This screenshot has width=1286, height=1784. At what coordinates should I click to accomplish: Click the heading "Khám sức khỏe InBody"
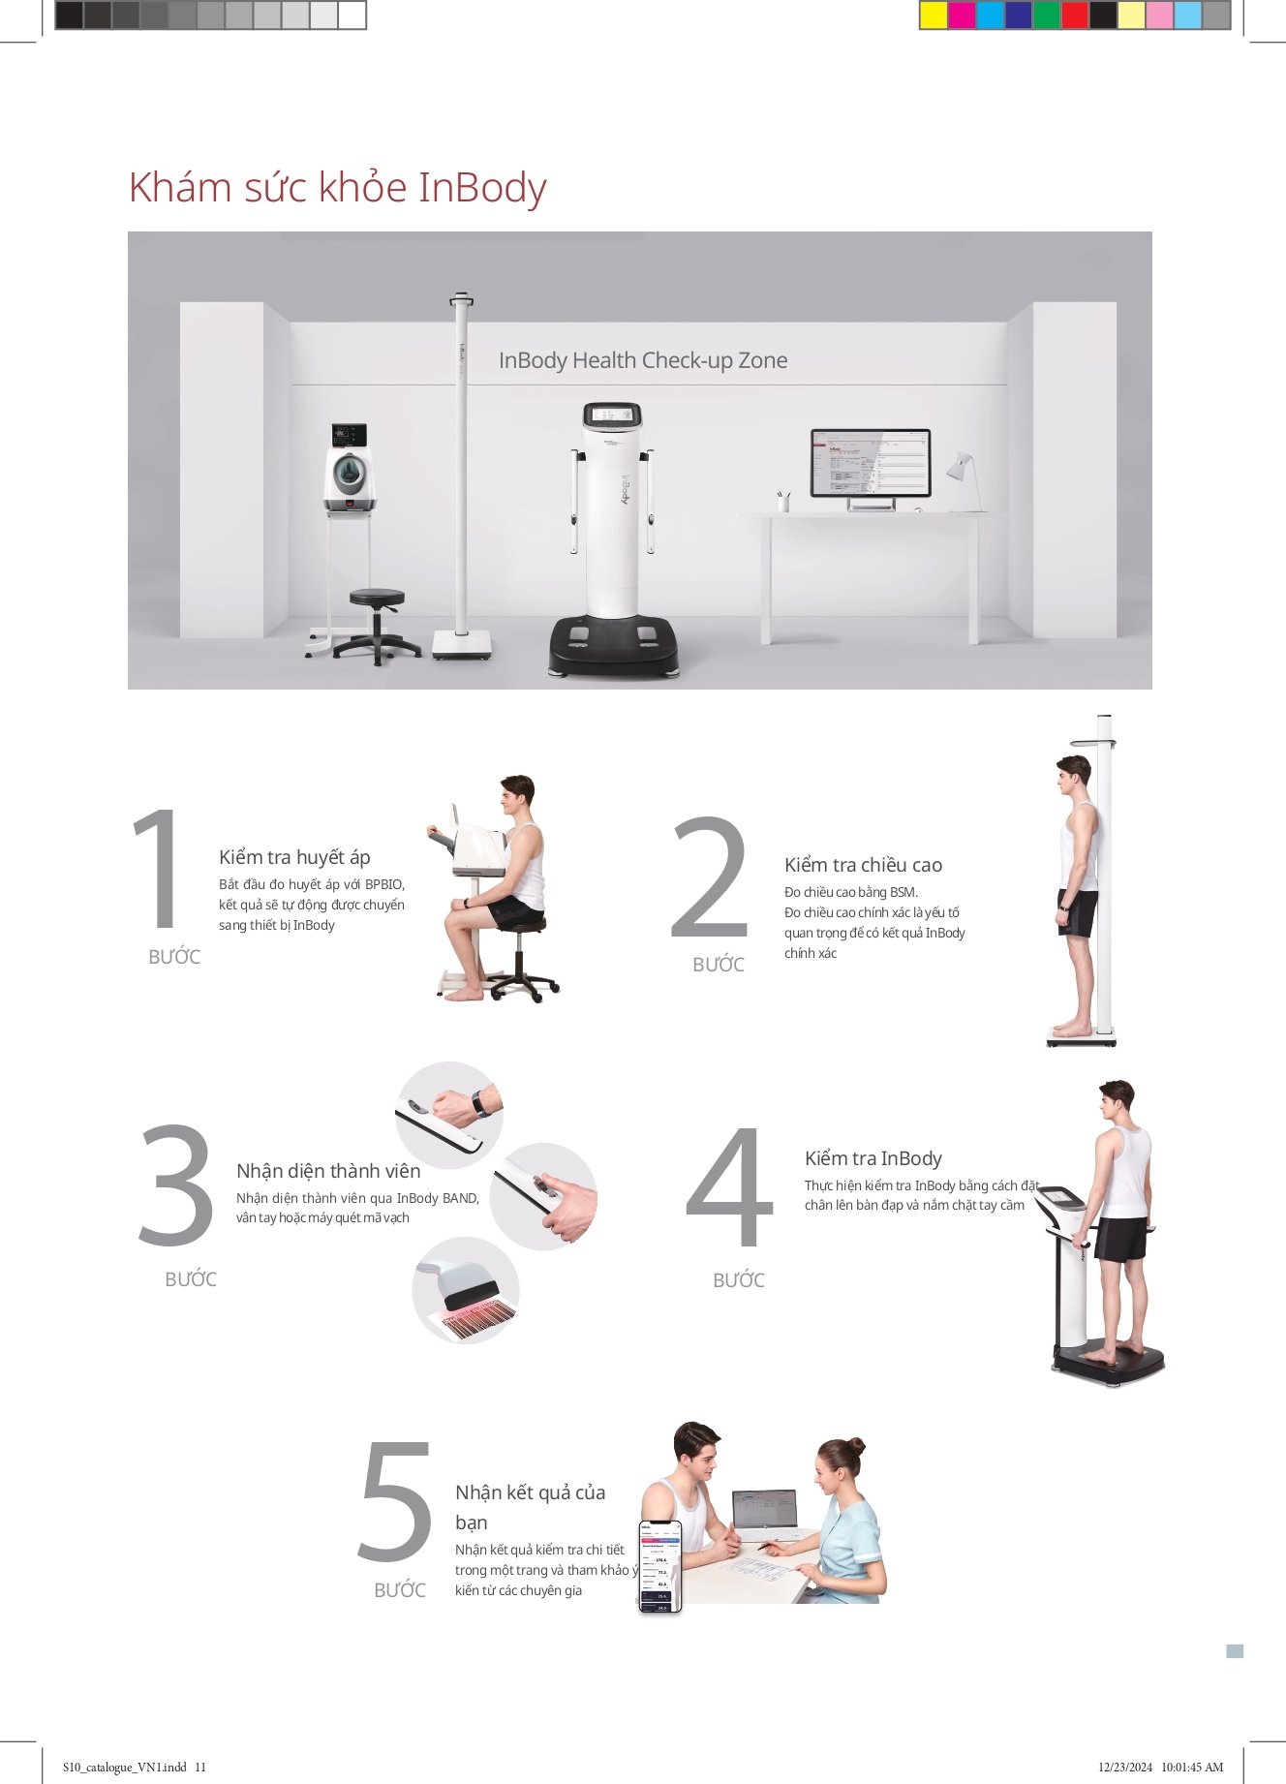[337, 188]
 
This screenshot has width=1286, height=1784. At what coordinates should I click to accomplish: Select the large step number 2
[711, 877]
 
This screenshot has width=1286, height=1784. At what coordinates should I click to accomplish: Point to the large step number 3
[176, 1184]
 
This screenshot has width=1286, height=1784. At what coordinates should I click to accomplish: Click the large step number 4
[730, 1186]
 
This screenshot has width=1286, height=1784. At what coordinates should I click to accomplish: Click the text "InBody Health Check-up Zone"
[643, 360]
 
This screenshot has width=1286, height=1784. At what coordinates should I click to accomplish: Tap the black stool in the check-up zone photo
[377, 625]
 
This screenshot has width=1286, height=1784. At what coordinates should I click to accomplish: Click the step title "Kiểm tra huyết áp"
[294, 857]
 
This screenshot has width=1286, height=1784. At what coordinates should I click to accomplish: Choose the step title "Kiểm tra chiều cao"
[863, 865]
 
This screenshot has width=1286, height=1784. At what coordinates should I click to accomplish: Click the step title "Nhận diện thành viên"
[328, 1171]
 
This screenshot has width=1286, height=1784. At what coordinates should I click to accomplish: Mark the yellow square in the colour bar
[934, 15]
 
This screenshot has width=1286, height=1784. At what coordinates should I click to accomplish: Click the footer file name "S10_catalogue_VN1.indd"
[124, 1767]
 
